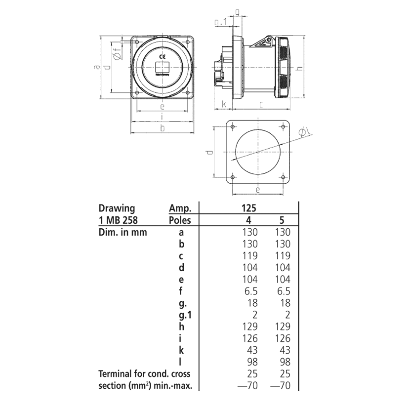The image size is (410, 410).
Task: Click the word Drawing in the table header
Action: pos(117,208)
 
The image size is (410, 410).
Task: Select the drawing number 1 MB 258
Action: pos(120,220)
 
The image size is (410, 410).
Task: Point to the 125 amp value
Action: pos(249,208)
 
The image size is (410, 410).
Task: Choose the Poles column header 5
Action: pos(282,220)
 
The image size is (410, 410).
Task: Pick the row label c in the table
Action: pos(181,256)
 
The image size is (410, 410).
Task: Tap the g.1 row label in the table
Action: pos(181,315)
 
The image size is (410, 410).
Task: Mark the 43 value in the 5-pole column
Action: pos(283,350)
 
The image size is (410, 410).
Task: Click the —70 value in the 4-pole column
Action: pos(247,385)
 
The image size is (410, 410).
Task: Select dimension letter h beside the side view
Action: pos(299,68)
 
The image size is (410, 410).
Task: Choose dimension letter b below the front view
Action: pos(162,129)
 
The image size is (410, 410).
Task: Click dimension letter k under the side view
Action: pos(224,104)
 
